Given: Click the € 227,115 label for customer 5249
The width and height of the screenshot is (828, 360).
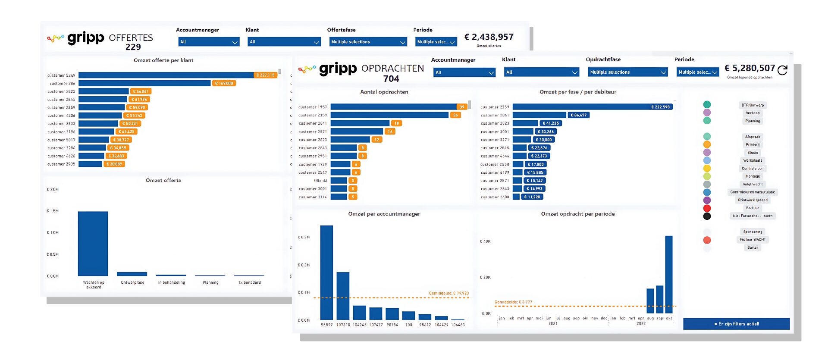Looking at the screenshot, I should (265, 75).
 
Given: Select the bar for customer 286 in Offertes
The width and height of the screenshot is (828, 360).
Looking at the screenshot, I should (144, 83).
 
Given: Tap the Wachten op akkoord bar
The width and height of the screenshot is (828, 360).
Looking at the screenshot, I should (93, 244).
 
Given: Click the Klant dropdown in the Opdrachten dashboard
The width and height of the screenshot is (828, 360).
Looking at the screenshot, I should (541, 72).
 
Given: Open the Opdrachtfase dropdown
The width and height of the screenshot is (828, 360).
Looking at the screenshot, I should (627, 72).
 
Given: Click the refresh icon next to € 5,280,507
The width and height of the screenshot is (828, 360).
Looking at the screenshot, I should (783, 70).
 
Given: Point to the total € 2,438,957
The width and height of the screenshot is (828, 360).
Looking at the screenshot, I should (489, 37).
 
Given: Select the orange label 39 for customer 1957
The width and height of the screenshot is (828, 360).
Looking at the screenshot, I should (462, 107).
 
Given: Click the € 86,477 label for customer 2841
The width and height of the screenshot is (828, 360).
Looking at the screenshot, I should (578, 115).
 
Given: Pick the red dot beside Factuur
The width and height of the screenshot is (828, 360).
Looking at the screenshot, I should (707, 208).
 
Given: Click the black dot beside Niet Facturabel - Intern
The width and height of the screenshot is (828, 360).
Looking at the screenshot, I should (707, 216).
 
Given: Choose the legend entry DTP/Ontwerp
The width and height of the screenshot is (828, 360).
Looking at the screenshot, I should (753, 105).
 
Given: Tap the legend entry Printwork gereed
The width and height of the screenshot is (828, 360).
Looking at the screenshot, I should (753, 200).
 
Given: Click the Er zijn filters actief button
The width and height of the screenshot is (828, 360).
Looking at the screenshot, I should (736, 324).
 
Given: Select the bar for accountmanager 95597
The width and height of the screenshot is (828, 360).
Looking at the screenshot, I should (326, 272).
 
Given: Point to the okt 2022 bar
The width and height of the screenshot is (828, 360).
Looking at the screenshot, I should (669, 274).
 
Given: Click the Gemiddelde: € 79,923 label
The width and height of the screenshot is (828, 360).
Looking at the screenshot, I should (448, 293).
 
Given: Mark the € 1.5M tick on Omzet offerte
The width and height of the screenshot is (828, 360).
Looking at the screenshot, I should (53, 211).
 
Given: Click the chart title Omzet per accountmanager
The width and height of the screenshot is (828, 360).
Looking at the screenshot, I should (384, 214).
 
